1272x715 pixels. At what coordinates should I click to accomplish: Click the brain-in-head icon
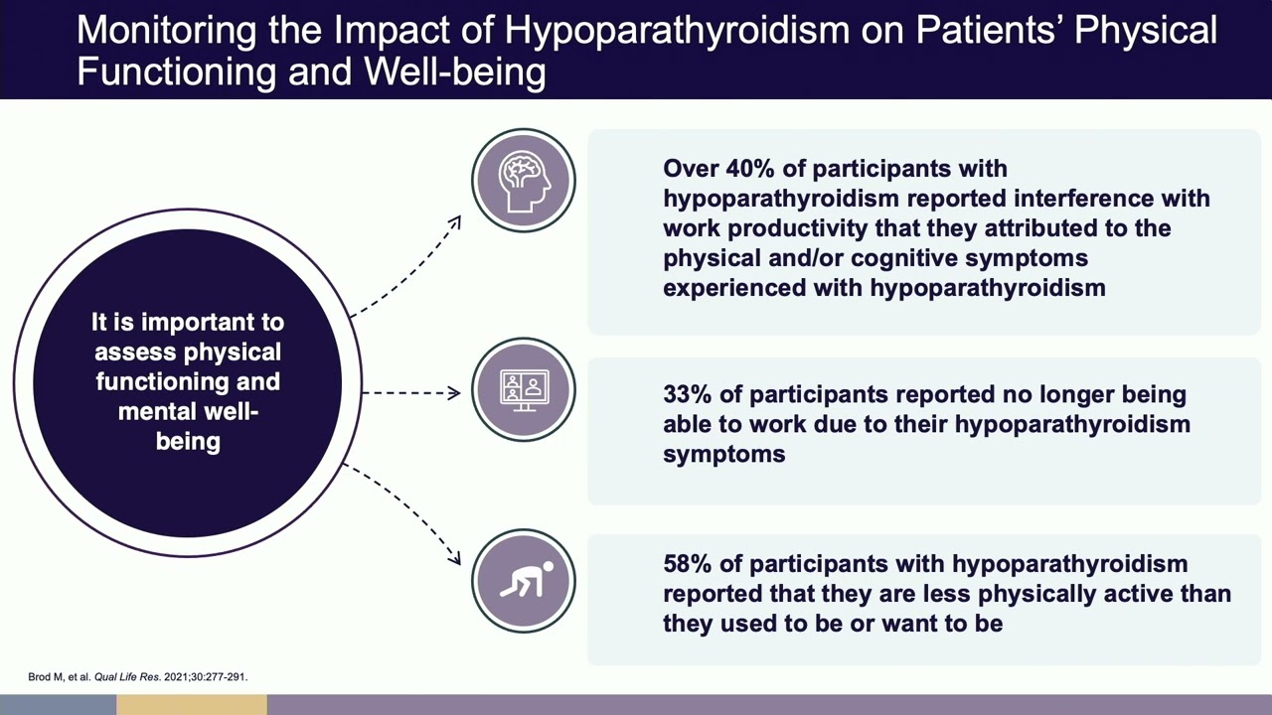[x=524, y=181]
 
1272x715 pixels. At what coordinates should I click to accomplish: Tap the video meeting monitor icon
[x=524, y=390]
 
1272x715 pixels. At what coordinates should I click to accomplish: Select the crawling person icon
[x=524, y=581]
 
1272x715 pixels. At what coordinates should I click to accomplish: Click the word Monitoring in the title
[x=165, y=30]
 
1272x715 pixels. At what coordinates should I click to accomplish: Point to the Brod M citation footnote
[x=137, y=677]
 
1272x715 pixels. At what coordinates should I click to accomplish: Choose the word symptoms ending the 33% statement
[x=723, y=454]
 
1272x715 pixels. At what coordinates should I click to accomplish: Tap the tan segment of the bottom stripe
[x=192, y=705]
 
